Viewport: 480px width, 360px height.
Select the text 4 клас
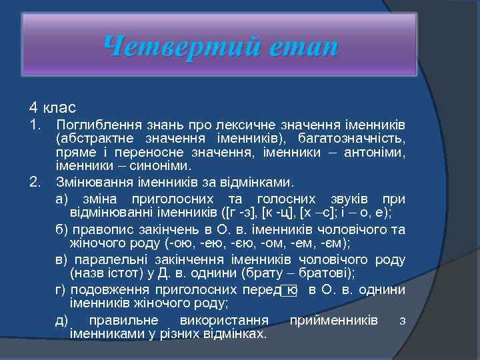point(52,107)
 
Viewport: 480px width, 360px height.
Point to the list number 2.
point(35,181)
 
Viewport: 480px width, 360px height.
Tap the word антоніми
point(379,153)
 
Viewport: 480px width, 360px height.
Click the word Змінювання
point(92,181)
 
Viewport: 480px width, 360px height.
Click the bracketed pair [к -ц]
point(279,213)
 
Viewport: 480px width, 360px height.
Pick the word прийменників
point(333,320)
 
